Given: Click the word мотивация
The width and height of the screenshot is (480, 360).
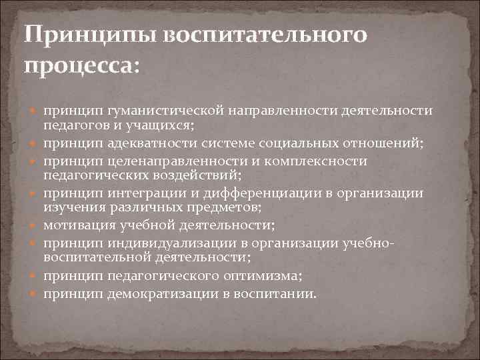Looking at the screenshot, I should click(74, 225).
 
